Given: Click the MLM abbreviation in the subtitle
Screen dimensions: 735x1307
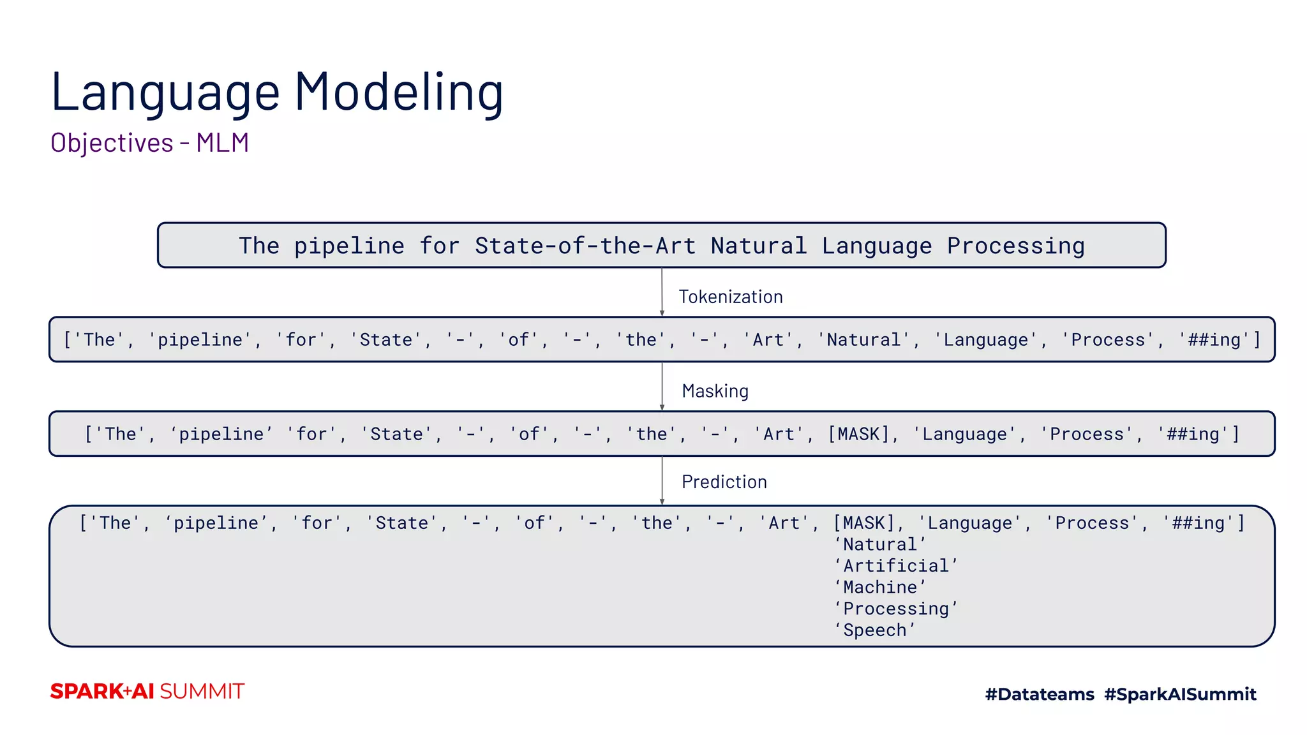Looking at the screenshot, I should click(x=222, y=143).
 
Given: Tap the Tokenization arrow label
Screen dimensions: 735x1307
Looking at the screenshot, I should click(x=730, y=297).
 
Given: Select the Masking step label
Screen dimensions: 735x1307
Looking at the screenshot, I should click(x=715, y=391).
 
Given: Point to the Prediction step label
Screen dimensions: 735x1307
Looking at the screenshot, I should click(x=724, y=482).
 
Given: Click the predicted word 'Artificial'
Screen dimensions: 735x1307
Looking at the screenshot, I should click(x=895, y=566).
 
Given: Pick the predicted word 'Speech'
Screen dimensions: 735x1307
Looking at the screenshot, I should click(x=874, y=630).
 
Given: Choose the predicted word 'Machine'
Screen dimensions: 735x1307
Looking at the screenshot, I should click(x=879, y=588).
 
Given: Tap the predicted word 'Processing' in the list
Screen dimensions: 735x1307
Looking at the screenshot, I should click(x=895, y=609).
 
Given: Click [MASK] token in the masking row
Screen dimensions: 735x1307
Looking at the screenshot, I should click(x=858, y=434).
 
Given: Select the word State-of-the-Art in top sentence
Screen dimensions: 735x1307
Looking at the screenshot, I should click(x=585, y=246).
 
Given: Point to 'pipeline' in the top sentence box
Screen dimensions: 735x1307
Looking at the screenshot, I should click(x=349, y=246).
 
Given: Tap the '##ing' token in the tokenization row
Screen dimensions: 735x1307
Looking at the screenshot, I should click(x=1214, y=340).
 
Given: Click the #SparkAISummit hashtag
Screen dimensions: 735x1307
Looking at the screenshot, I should click(x=1180, y=694).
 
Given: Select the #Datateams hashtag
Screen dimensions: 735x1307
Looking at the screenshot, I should click(x=1040, y=694).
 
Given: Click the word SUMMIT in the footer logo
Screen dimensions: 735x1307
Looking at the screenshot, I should click(x=202, y=692).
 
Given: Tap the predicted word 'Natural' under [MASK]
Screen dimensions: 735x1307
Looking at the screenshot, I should click(x=879, y=545).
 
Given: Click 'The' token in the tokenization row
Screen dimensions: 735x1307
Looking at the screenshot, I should click(x=99, y=340).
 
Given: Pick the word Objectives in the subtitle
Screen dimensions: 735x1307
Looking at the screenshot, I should click(x=112, y=143).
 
